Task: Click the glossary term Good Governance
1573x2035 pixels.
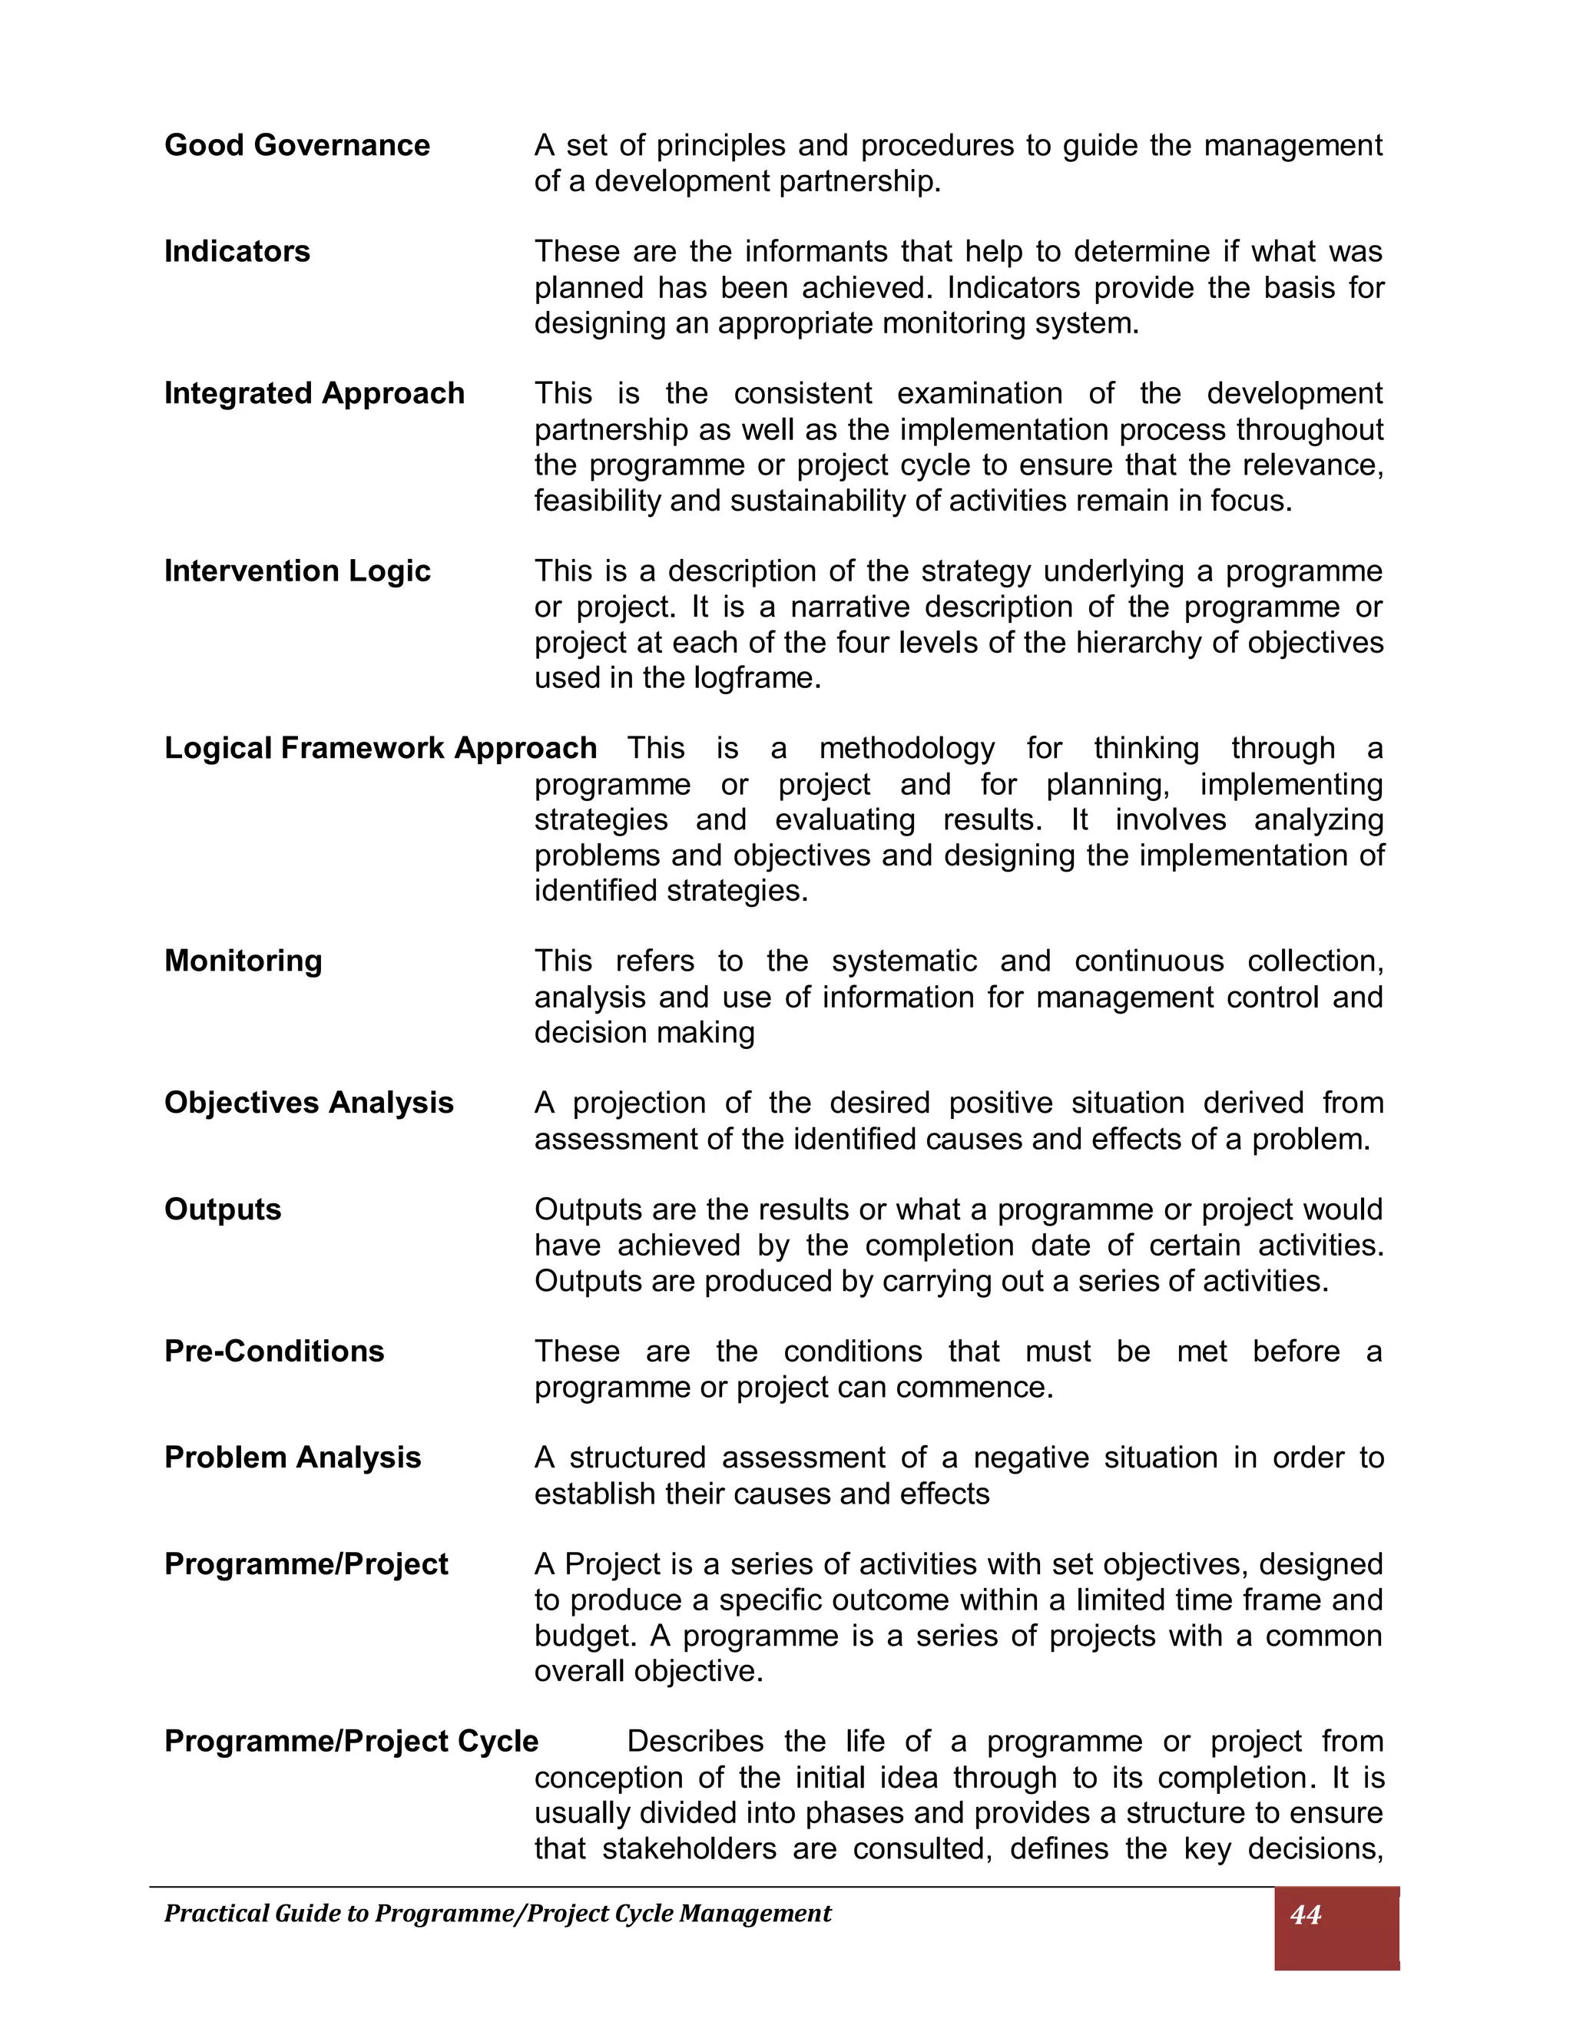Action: click(x=296, y=145)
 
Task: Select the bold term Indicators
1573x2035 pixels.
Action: click(x=237, y=252)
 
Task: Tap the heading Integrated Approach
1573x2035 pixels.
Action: click(x=314, y=393)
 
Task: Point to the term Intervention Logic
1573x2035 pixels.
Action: click(x=296, y=571)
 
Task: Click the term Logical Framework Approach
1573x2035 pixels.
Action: click(x=380, y=748)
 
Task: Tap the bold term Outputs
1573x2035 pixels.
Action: click(x=222, y=1209)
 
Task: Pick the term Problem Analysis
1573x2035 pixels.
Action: click(x=293, y=1458)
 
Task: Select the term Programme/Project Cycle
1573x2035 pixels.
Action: click(x=350, y=1742)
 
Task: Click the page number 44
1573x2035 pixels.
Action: click(x=1305, y=1914)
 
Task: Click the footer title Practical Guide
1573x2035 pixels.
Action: click(x=497, y=1914)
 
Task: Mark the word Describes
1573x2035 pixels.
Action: click(x=694, y=1742)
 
